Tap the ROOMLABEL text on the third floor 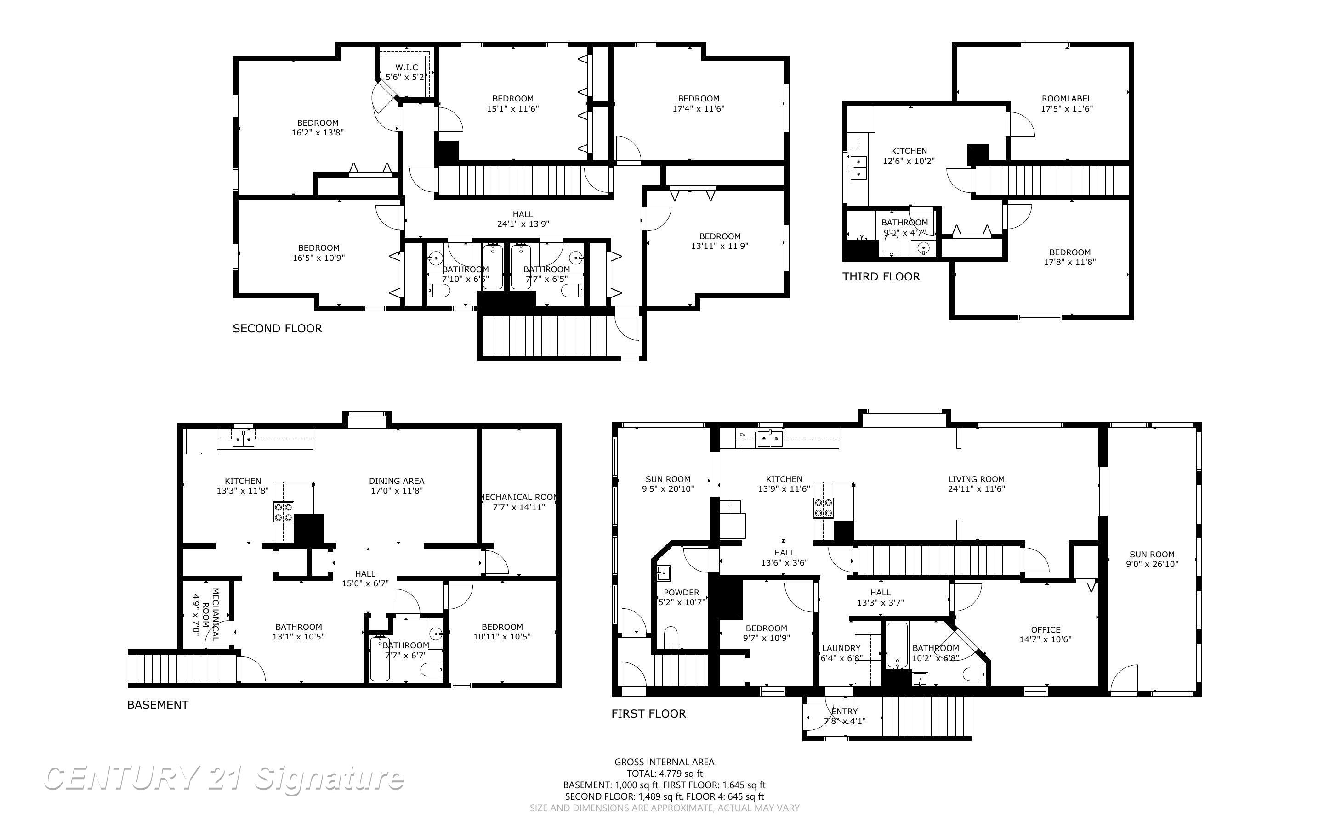(x=1066, y=99)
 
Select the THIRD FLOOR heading (x=881, y=277)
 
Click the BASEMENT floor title (x=158, y=705)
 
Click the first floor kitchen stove (x=824, y=508)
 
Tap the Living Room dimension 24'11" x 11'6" (x=976, y=488)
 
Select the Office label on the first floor (x=1046, y=630)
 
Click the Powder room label (x=681, y=592)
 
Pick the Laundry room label (x=841, y=648)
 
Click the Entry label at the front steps (x=844, y=712)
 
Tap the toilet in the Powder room (x=671, y=638)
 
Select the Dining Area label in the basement (x=396, y=481)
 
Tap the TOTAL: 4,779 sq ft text (x=664, y=774)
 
